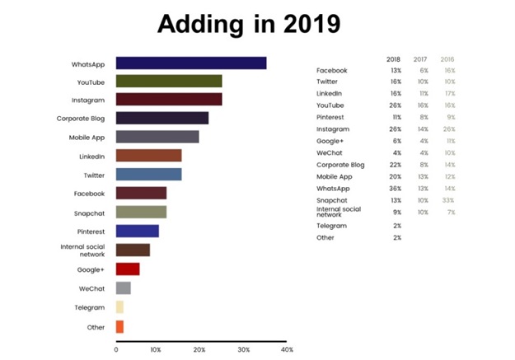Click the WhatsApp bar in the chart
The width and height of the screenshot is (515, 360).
click(x=191, y=63)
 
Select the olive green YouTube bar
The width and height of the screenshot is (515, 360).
click(x=169, y=81)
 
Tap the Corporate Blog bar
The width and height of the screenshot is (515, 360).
click(x=162, y=118)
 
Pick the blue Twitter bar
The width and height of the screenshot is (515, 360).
click(x=148, y=174)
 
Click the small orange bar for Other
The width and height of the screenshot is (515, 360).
click(x=119, y=327)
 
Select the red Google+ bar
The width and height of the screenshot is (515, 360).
click(x=128, y=269)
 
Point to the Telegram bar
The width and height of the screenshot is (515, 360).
click(x=119, y=307)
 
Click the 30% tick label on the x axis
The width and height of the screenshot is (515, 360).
click(x=243, y=349)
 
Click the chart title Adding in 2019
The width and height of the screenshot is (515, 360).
click(x=256, y=25)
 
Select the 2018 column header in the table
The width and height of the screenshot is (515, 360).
click(x=393, y=59)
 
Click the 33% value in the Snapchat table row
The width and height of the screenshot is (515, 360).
click(x=447, y=200)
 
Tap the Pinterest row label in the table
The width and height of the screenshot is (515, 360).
click(x=331, y=118)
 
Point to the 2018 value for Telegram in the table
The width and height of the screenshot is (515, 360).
click(x=396, y=225)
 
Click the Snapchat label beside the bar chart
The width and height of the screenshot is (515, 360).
click(x=90, y=212)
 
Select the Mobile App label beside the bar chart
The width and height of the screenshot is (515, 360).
click(x=86, y=137)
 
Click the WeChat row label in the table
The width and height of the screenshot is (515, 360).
click(x=329, y=153)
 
